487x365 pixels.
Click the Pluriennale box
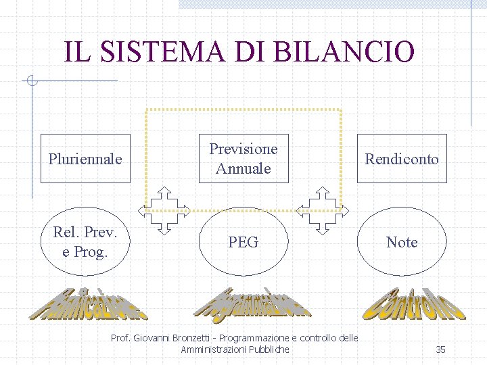click(85, 159)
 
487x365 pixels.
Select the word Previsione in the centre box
click(243, 149)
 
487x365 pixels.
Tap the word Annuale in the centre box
click(243, 168)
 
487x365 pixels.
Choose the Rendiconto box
click(402, 159)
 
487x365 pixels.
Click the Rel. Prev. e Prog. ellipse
click(85, 242)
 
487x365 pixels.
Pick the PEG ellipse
click(243, 242)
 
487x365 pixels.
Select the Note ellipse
click(402, 242)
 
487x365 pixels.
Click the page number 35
click(440, 349)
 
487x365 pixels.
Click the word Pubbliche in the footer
click(269, 349)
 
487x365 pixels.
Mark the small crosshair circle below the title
click(31, 82)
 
